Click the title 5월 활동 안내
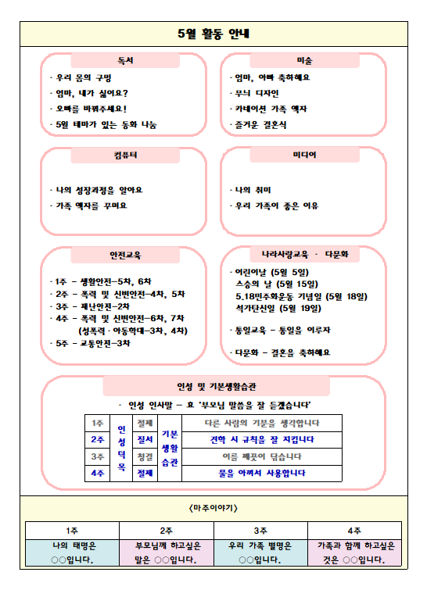(213, 34)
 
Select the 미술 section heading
(304, 60)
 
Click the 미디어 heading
(304, 156)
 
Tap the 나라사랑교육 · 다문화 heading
(304, 255)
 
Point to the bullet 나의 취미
(250, 190)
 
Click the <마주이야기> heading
(213, 508)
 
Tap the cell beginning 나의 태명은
(72, 552)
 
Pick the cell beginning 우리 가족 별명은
(260, 552)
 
